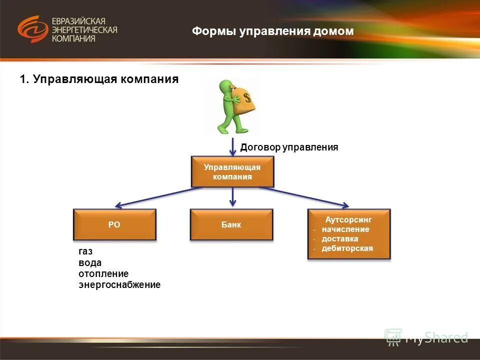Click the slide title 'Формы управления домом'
(x=272, y=31)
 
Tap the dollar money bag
(x=243, y=99)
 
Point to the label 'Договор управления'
(x=289, y=147)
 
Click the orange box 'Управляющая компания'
(x=232, y=171)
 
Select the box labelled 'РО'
(x=114, y=224)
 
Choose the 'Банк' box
(x=231, y=224)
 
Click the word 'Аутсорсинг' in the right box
(x=348, y=219)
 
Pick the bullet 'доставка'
(x=340, y=238)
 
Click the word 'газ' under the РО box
(x=85, y=251)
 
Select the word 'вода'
(x=90, y=262)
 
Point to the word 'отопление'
(x=103, y=273)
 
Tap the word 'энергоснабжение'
(x=119, y=284)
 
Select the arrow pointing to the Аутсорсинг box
(x=305, y=196)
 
